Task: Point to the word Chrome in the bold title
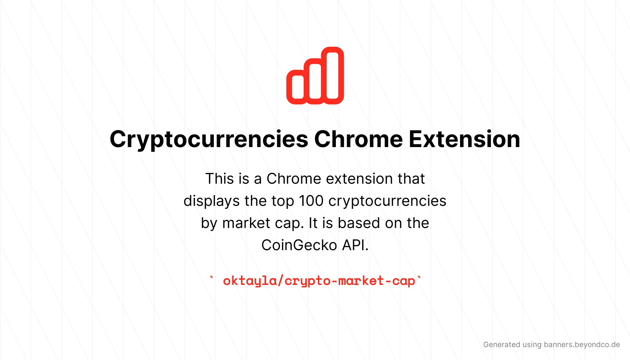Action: click(358, 139)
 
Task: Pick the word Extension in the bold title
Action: click(465, 139)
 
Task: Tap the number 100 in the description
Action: click(311, 201)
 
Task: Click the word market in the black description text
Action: click(246, 223)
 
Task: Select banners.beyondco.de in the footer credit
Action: click(582, 345)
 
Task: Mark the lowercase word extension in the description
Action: click(359, 179)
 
